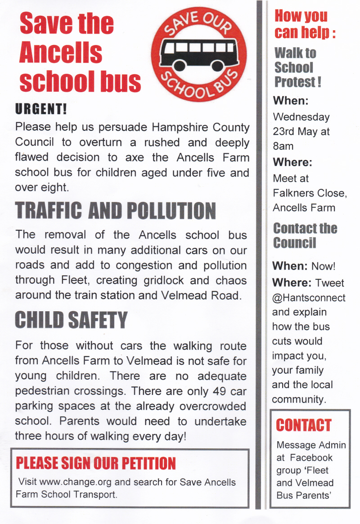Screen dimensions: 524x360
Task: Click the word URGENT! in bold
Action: tap(41, 108)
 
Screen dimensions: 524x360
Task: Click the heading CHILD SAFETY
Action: tap(71, 320)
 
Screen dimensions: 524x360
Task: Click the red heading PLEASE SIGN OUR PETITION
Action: tap(95, 463)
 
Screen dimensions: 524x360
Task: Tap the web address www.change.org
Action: tap(76, 482)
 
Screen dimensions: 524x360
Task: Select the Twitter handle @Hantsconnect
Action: tap(309, 297)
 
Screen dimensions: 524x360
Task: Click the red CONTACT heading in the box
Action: tap(303, 425)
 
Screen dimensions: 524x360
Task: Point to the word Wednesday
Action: tap(301, 117)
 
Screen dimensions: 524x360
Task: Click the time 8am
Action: tap(283, 146)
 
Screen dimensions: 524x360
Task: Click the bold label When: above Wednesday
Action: tap(290, 101)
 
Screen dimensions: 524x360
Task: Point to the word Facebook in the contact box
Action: tap(311, 457)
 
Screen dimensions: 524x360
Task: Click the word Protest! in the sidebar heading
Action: tap(297, 82)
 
